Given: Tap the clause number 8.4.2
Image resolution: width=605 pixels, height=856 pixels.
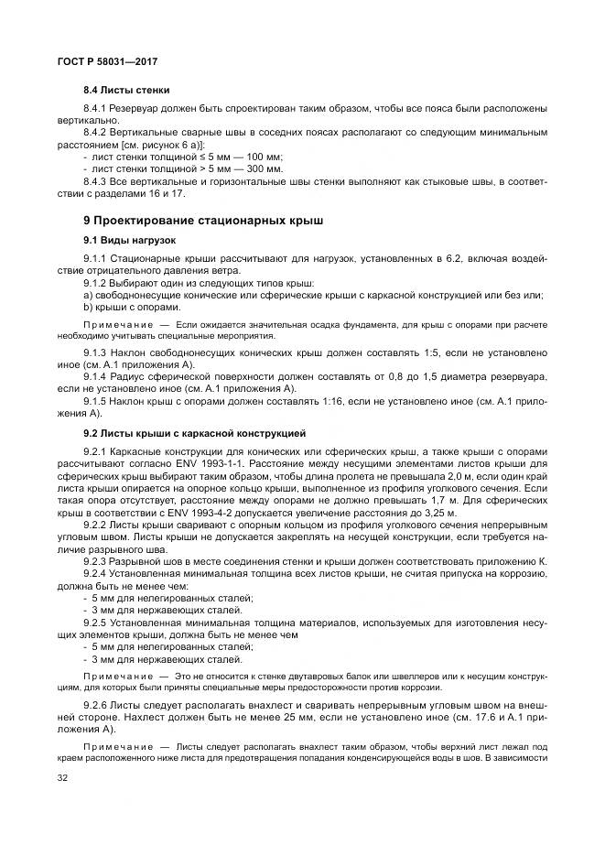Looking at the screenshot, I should (x=100, y=134).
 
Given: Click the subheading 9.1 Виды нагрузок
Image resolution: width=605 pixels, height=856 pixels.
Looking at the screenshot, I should (x=129, y=240).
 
